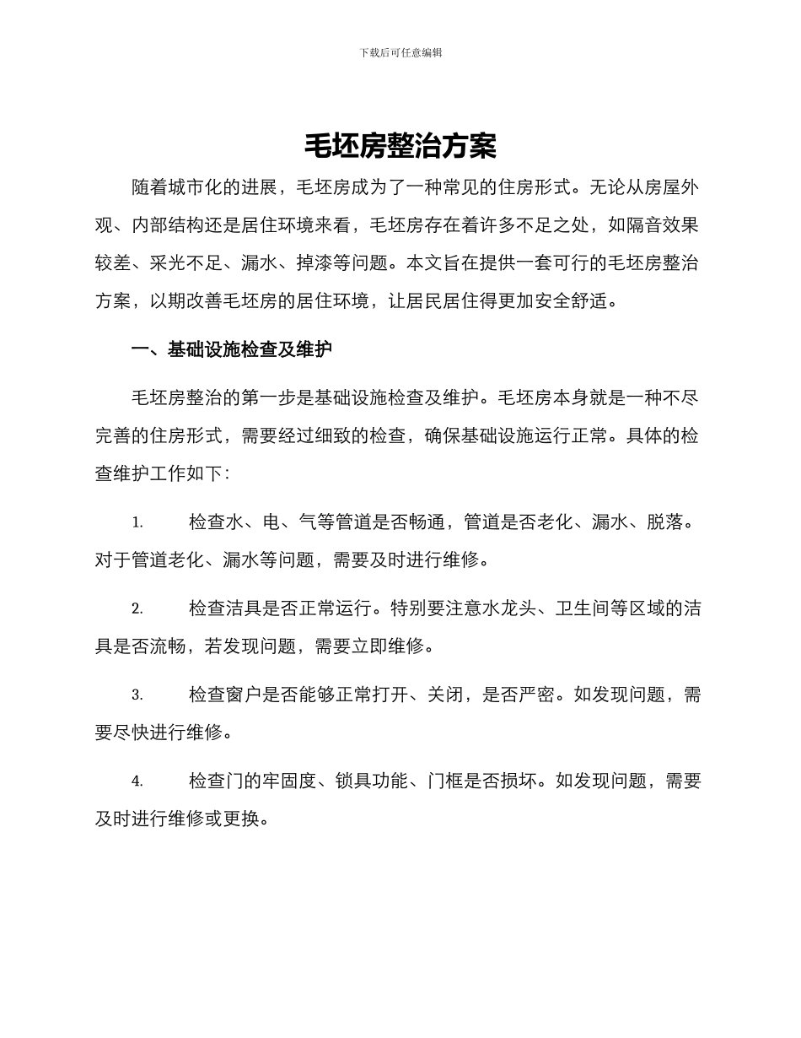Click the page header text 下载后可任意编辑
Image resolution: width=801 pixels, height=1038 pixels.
pyautogui.click(x=400, y=52)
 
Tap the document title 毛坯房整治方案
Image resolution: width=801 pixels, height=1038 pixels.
pyautogui.click(x=400, y=147)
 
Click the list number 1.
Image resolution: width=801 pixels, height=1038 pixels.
pyautogui.click(x=137, y=523)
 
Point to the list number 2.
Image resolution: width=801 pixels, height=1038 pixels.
pyautogui.click(x=137, y=609)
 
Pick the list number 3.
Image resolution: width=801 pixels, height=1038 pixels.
pyautogui.click(x=137, y=695)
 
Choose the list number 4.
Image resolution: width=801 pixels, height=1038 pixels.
pyautogui.click(x=137, y=782)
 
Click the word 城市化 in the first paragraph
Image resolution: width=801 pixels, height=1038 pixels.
pyautogui.click(x=196, y=187)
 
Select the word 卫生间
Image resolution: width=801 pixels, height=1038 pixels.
pyautogui.click(x=582, y=608)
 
